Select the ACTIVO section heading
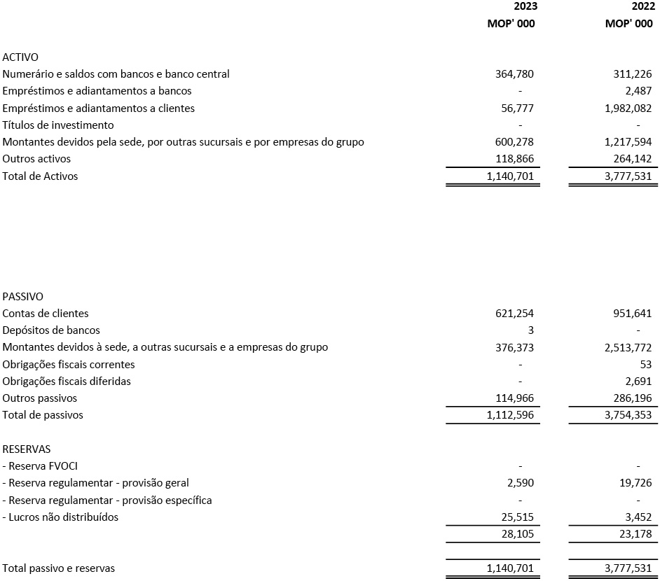20,57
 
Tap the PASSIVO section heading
22,297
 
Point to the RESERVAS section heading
27,449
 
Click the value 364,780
514,74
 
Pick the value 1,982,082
625,108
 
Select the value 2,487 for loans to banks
637,91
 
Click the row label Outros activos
36,159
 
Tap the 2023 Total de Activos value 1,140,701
510,176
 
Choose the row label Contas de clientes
46,314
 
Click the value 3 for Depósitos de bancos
530,330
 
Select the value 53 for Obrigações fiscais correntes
645,365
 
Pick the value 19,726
634,483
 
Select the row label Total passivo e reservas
58,568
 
